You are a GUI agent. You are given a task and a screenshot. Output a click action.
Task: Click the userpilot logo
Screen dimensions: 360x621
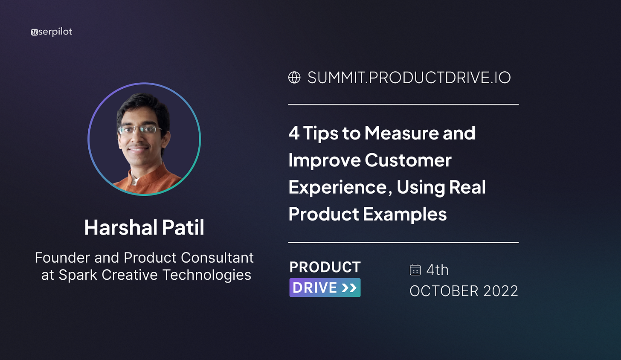(52, 32)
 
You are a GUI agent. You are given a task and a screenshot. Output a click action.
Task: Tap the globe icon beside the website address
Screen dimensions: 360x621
(294, 77)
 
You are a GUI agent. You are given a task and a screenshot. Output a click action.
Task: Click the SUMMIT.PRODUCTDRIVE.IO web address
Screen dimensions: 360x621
(409, 78)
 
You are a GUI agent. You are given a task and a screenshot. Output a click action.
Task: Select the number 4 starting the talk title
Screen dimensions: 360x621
(294, 134)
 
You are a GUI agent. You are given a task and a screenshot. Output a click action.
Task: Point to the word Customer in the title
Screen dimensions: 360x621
(408, 160)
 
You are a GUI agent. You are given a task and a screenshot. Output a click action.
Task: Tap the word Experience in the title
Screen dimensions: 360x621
(337, 187)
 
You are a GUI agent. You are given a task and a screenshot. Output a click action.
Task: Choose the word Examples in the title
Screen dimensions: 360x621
(404, 214)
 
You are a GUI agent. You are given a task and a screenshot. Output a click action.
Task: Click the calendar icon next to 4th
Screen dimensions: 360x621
(415, 270)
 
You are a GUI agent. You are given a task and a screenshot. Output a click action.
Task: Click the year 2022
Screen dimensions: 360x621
(501, 291)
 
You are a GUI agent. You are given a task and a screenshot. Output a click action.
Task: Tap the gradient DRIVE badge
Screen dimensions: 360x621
(325, 287)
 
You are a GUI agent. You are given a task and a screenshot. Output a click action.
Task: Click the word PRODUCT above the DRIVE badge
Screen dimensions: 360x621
(325, 267)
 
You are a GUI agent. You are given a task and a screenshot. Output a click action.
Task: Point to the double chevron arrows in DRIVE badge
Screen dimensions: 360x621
(349, 288)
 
